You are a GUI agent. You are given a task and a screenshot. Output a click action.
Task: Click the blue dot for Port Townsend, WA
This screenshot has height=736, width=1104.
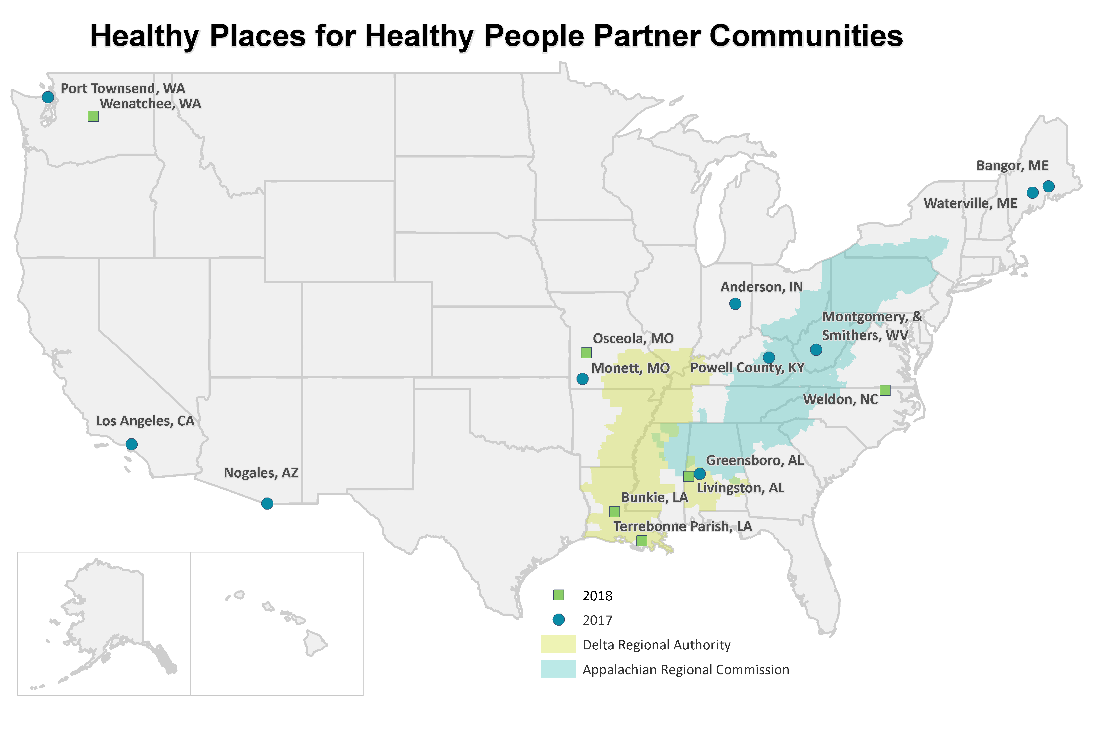[x=48, y=97]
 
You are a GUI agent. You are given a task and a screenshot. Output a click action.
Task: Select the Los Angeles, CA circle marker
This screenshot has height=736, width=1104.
[x=131, y=444]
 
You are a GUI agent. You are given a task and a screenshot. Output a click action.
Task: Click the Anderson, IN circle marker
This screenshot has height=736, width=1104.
[x=735, y=304]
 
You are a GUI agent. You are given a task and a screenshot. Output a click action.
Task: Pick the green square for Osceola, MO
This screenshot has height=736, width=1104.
[x=586, y=353]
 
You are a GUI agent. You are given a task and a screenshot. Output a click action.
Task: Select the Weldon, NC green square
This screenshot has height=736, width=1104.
[x=885, y=390]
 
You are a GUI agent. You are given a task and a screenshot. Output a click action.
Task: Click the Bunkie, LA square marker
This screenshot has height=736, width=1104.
[x=614, y=511]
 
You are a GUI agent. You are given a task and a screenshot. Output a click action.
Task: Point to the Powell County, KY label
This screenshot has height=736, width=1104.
[x=747, y=368]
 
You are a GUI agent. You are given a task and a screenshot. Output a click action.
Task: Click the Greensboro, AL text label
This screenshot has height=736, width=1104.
[x=755, y=460]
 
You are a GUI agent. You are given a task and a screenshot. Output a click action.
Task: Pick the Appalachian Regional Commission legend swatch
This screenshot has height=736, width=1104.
[x=558, y=669]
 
